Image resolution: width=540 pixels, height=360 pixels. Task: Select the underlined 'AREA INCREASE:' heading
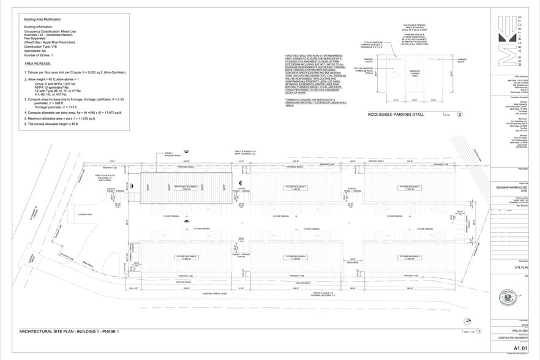38,63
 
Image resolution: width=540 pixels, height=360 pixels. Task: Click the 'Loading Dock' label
85,214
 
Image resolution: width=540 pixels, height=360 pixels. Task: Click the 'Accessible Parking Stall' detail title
397,114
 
